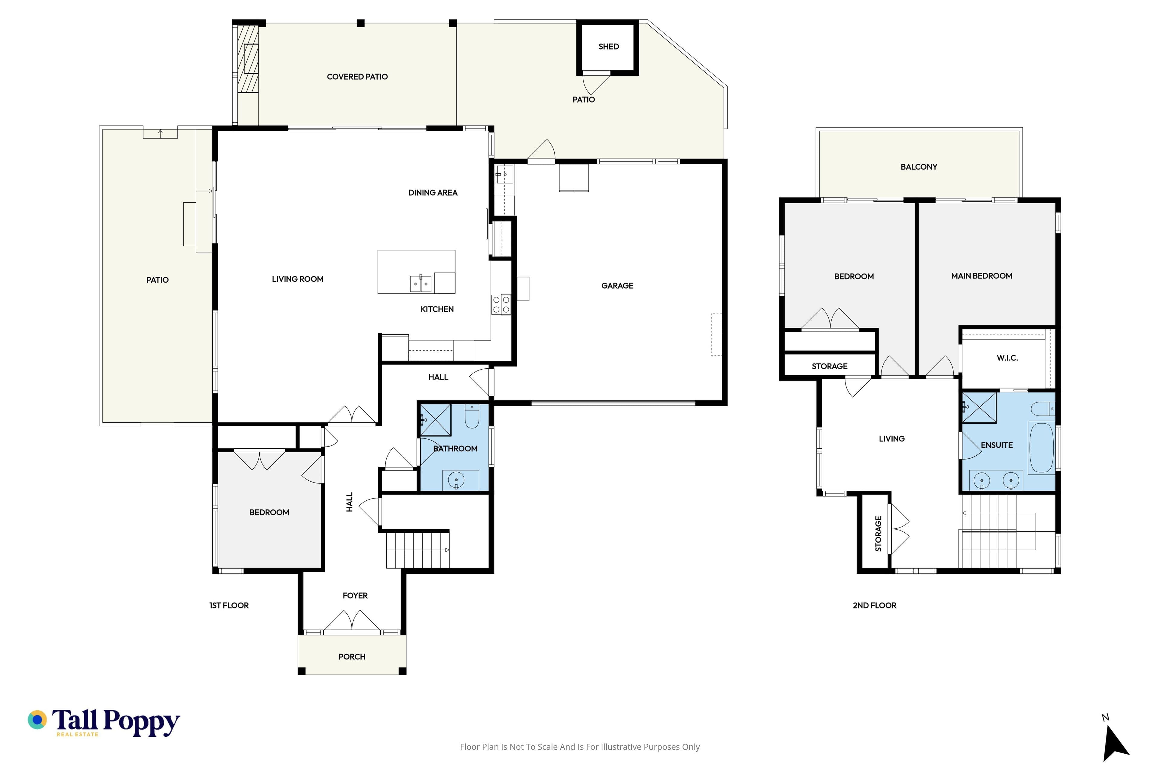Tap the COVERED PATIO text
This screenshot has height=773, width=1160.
(357, 76)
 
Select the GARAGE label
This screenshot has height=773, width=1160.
(617, 285)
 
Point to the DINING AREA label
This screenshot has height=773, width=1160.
(433, 192)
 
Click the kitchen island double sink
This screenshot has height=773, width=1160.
(421, 284)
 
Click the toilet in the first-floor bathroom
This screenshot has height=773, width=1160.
(472, 417)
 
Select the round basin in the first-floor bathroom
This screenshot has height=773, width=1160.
(456, 480)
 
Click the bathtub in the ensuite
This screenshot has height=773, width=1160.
(1041, 447)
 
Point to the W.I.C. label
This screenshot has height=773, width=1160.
(1007, 358)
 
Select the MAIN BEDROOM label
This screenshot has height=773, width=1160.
(981, 276)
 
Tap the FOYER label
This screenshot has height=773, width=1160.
(355, 595)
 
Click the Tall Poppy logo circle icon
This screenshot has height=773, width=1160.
(37, 720)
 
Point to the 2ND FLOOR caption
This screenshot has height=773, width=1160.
(875, 605)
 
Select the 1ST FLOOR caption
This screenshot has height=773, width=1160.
(229, 605)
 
